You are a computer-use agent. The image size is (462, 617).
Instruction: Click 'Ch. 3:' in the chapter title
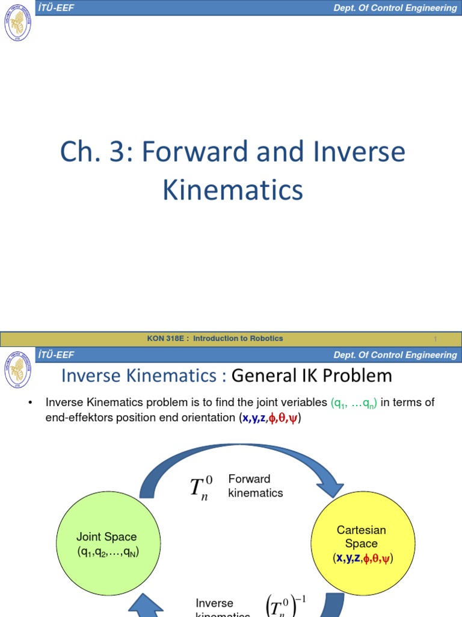tap(96, 152)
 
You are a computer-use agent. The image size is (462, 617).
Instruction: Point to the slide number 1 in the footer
tap(435, 339)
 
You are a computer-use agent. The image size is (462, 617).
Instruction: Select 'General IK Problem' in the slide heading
tap(312, 376)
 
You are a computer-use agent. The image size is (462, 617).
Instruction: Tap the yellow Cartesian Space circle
tap(362, 543)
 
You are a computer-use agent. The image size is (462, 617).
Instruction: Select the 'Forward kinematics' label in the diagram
tap(255, 486)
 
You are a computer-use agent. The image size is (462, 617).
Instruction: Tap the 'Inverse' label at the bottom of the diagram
tap(214, 603)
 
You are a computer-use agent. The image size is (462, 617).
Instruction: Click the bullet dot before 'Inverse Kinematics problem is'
tap(29, 403)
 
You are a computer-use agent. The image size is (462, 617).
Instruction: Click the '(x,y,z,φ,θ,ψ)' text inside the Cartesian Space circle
tap(362, 559)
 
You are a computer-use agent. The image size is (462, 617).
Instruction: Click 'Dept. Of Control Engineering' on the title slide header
tap(395, 8)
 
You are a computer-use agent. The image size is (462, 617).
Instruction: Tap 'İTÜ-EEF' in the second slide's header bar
tap(55, 355)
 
